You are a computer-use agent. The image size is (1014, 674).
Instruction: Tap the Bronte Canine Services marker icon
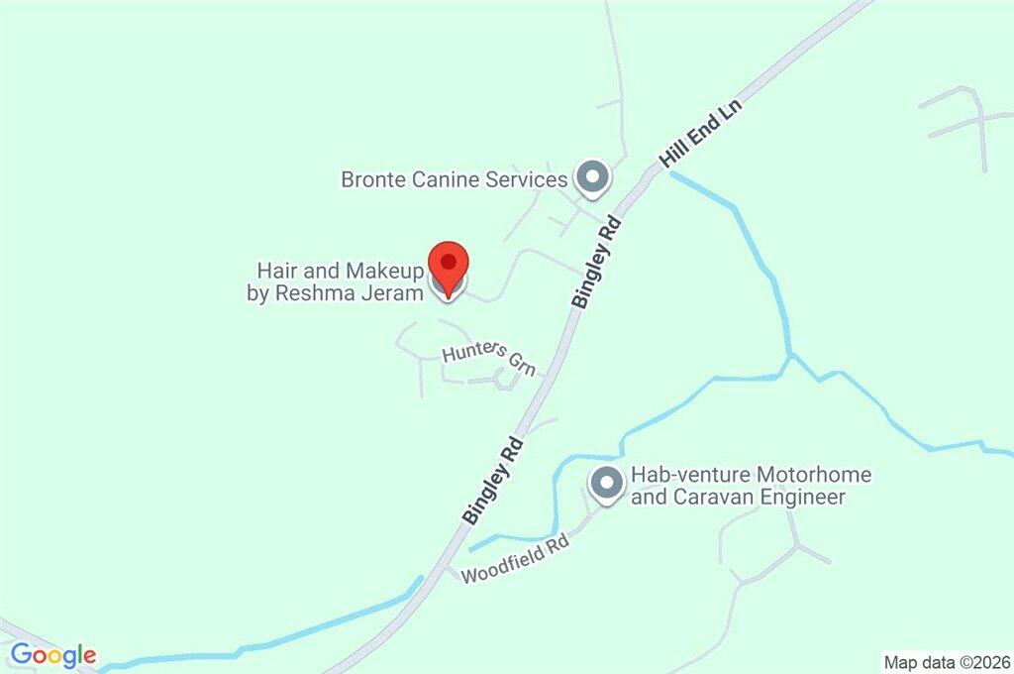pos(592,178)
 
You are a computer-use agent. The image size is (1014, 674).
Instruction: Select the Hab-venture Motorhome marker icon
pos(606,486)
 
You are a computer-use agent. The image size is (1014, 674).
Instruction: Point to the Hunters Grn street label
pos(488,359)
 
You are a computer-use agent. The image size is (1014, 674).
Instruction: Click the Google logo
pos(53,654)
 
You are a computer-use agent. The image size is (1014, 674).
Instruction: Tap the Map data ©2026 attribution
pos(945,661)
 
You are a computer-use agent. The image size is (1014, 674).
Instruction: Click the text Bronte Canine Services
pos(455,179)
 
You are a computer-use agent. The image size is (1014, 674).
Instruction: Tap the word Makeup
pos(385,271)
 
